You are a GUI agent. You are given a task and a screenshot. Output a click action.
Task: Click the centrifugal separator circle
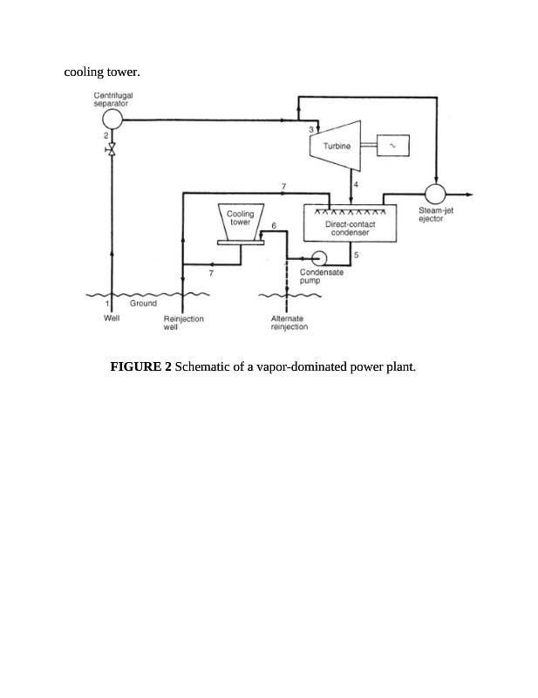[x=112, y=119]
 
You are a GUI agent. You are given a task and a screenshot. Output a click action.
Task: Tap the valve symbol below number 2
[x=112, y=151]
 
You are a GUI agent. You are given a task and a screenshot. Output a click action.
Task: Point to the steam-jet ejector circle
[x=435, y=193]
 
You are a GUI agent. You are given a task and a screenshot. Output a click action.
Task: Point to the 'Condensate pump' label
[x=327, y=277]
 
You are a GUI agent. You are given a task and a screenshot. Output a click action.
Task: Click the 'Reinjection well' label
[x=183, y=323]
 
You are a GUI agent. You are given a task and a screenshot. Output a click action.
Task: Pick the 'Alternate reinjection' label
[x=289, y=323]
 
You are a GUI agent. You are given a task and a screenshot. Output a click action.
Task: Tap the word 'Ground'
[x=143, y=304]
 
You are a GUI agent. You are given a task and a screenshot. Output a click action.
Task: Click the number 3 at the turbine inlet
[x=311, y=131]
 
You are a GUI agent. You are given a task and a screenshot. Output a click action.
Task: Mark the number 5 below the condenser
[x=357, y=254]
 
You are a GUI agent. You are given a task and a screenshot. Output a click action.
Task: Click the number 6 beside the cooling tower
[x=274, y=225]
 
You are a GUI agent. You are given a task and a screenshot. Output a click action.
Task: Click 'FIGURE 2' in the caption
[x=140, y=366]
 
